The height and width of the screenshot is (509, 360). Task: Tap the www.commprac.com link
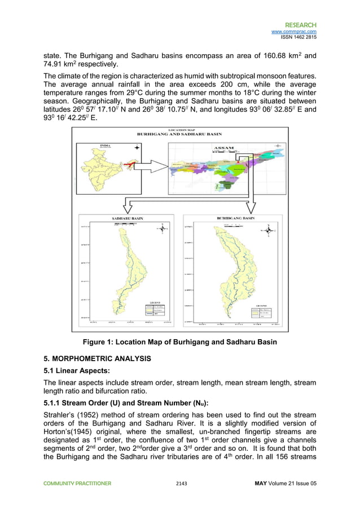294,32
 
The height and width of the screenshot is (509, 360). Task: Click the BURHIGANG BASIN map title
236,217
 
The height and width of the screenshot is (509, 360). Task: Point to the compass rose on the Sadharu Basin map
162,227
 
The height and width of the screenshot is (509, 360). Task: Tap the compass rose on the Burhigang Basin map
269,230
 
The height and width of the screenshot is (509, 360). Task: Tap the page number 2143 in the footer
180,483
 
